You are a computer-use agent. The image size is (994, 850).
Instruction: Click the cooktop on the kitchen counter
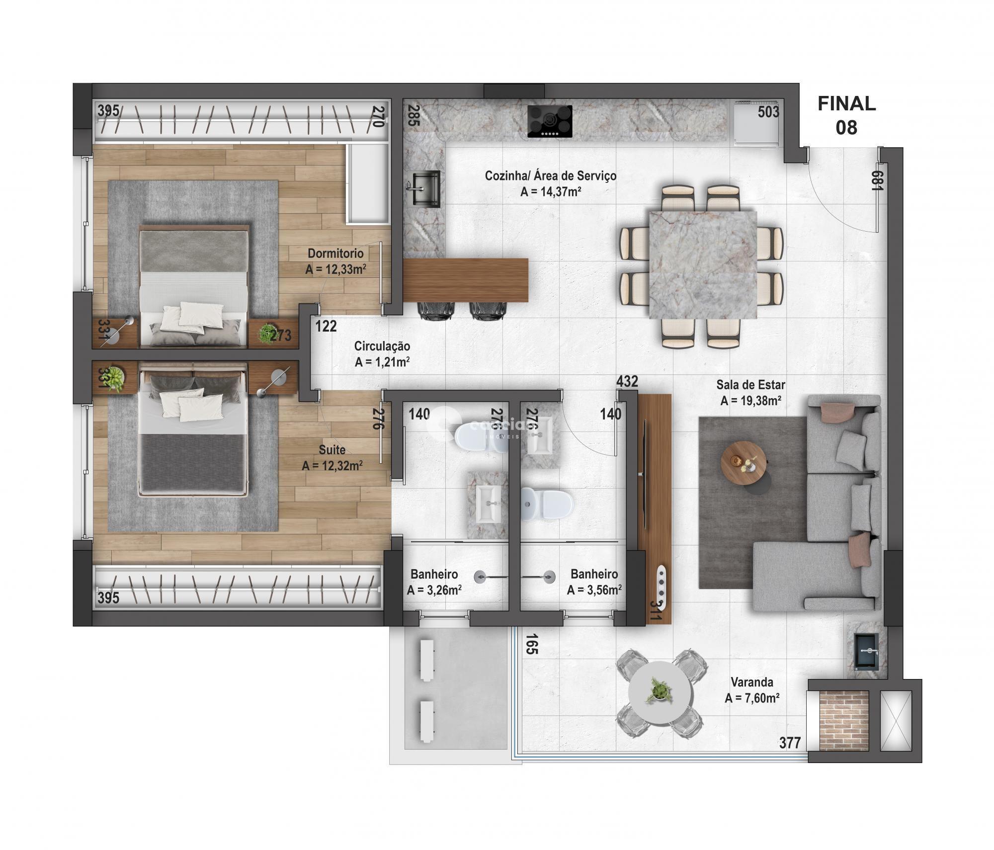coord(550,121)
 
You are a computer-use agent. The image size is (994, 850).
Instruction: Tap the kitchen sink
coord(425,188)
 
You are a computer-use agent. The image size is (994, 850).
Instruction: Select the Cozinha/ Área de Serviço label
coord(550,175)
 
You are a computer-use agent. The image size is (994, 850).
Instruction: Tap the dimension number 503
coord(768,112)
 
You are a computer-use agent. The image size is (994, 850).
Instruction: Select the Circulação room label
coord(382,346)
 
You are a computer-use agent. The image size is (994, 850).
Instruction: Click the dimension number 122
coord(326,327)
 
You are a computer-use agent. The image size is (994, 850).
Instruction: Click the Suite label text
coord(331,450)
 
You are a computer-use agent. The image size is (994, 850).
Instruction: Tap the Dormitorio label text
coord(335,254)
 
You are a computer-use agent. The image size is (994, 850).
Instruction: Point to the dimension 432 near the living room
coord(627,381)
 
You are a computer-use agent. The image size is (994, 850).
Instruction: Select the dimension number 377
coord(790,743)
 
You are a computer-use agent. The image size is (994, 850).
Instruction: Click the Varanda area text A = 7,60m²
coord(751,698)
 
